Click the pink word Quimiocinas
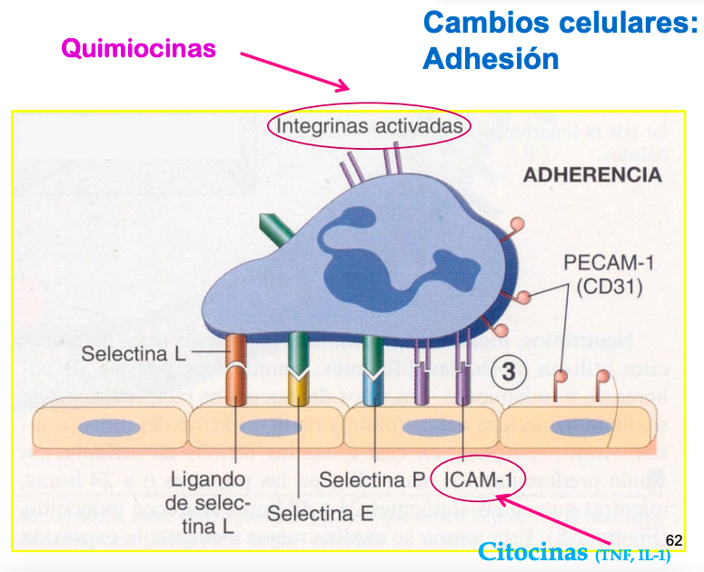tap(138, 47)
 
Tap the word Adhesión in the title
tap(491, 59)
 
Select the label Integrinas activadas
tap(370, 125)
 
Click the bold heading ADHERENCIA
tap(591, 175)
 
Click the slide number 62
tap(673, 540)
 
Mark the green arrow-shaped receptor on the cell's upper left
tap(275, 232)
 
